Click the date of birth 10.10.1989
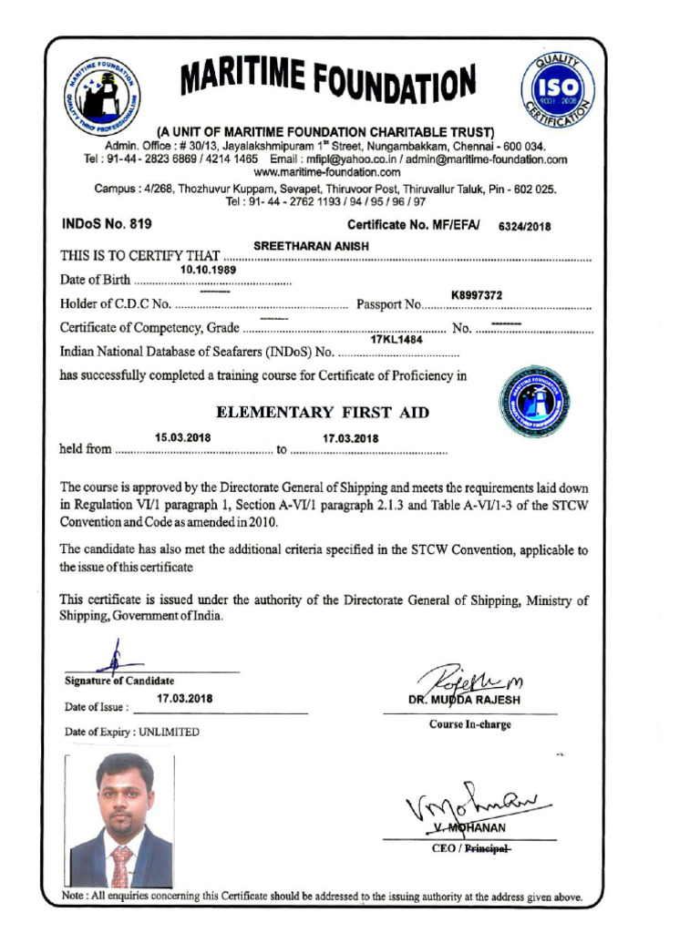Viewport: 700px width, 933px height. (x=208, y=270)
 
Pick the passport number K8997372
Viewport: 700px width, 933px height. (x=477, y=294)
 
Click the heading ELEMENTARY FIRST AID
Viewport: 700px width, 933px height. (x=322, y=413)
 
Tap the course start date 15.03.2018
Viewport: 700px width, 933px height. (x=182, y=437)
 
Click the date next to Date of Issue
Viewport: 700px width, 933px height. (x=184, y=699)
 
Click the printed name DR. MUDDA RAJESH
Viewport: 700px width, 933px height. (x=469, y=701)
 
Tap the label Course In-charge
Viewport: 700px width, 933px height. (x=469, y=725)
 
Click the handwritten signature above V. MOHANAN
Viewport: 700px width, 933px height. (x=465, y=802)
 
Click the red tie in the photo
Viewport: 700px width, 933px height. (x=120, y=865)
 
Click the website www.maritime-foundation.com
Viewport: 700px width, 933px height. (x=326, y=171)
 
